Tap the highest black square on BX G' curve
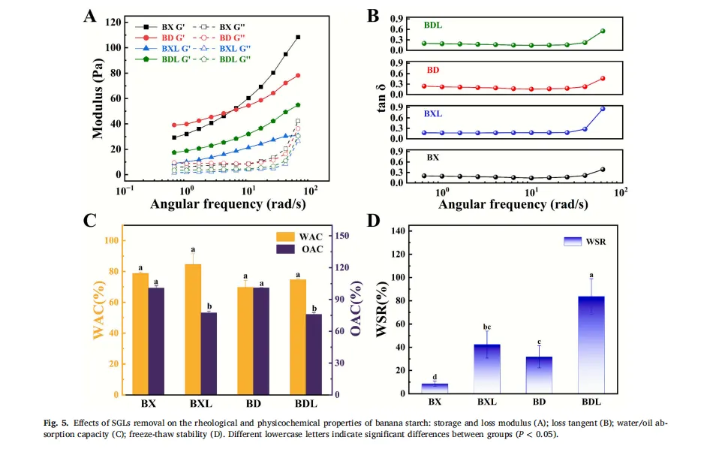(298, 38)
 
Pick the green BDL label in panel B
(432, 25)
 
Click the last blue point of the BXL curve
(603, 109)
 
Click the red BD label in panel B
(433, 70)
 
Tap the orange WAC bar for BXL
(193, 329)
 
